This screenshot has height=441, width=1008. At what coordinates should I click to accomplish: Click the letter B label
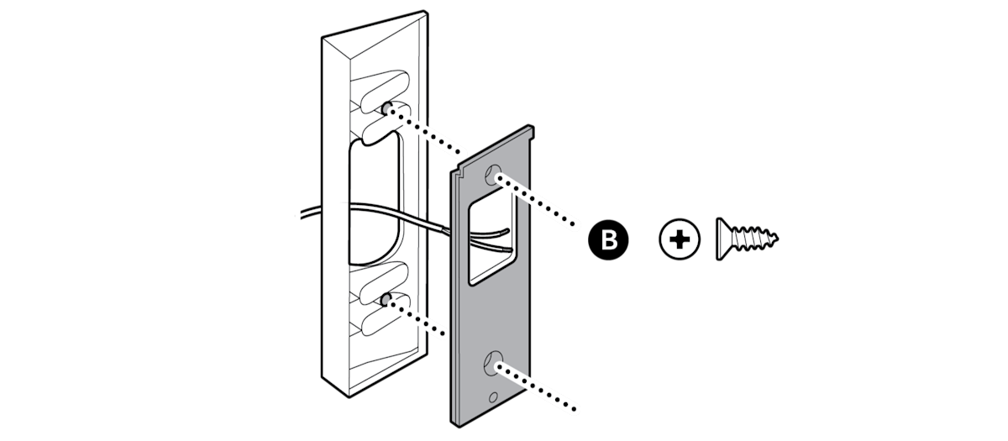click(610, 240)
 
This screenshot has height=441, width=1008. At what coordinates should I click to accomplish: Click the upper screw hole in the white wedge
click(388, 108)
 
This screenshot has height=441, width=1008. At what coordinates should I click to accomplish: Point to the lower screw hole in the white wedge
click(386, 299)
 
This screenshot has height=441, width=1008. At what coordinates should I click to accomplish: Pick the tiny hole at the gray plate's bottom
click(492, 396)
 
